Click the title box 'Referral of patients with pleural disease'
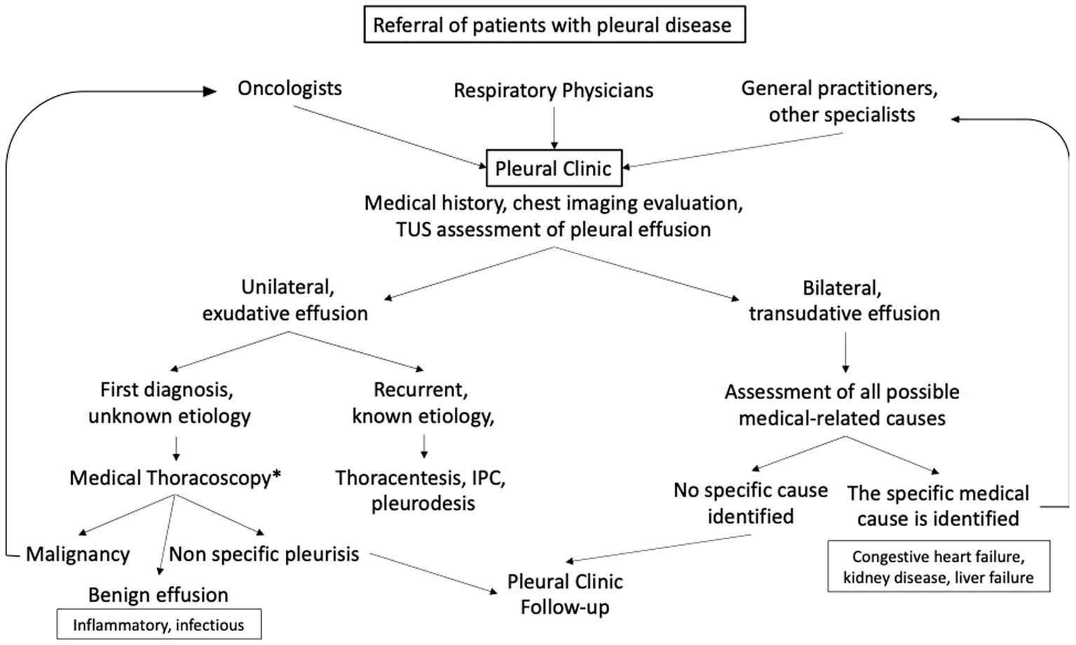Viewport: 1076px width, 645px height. click(x=552, y=25)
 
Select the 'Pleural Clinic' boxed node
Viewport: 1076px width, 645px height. click(x=553, y=168)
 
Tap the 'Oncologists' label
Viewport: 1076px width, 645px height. click(x=290, y=88)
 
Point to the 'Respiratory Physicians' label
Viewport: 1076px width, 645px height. click(x=553, y=90)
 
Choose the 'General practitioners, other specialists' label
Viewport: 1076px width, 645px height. click(x=840, y=102)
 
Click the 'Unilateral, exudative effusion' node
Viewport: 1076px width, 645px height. click(x=285, y=300)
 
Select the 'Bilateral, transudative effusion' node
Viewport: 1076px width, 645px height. click(x=844, y=300)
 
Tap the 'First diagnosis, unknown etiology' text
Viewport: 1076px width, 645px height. click(x=169, y=403)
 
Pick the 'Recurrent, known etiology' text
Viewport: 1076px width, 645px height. click(x=423, y=403)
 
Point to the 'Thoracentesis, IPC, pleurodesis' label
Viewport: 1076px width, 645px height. click(x=421, y=490)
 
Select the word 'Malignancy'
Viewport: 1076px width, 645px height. click(x=78, y=555)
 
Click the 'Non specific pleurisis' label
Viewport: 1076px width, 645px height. click(x=264, y=554)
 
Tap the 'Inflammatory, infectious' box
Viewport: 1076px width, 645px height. click(x=158, y=625)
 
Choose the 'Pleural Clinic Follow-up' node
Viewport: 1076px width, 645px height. click(x=565, y=594)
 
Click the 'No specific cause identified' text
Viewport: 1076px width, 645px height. click(x=751, y=503)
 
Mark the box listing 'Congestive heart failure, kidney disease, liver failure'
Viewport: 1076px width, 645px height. click(x=938, y=567)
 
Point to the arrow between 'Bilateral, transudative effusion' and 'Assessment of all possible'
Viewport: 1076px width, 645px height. click(x=845, y=352)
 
